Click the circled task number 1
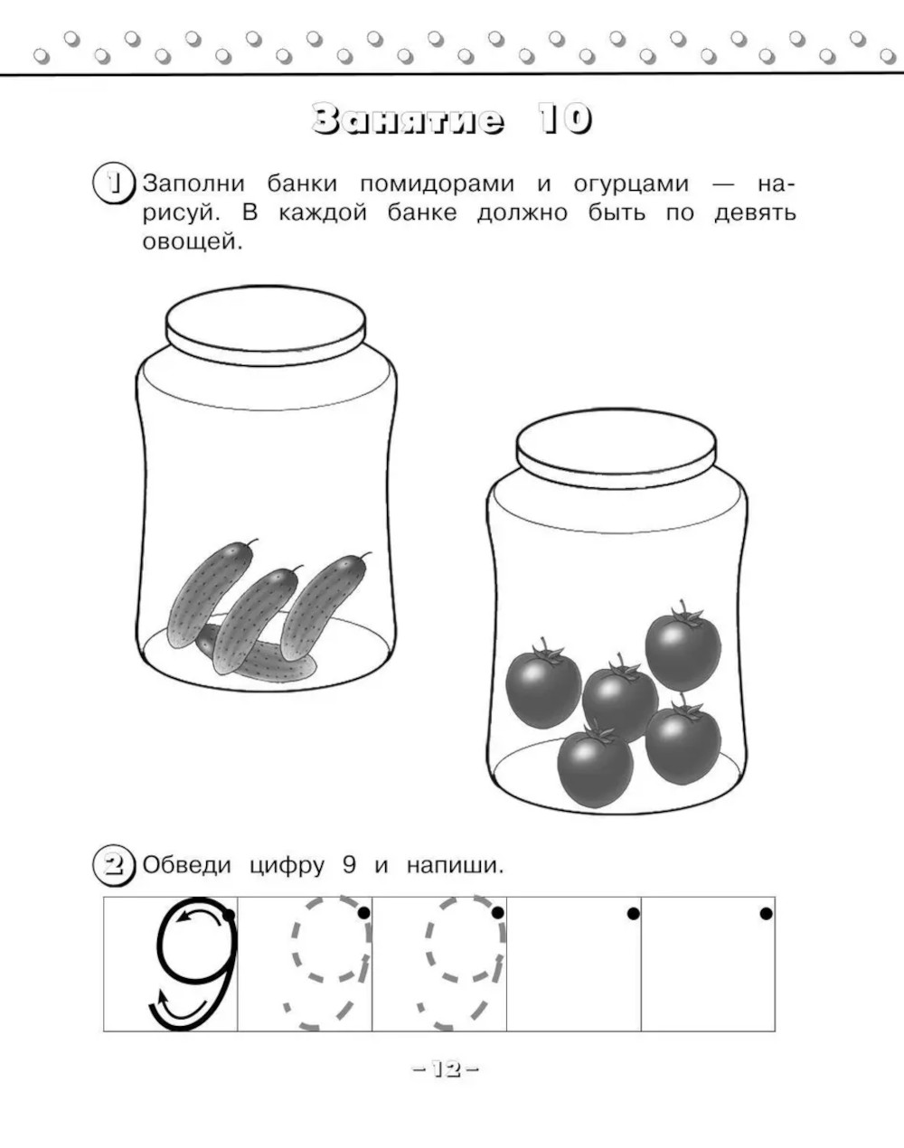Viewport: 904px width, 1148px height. pyautogui.click(x=113, y=183)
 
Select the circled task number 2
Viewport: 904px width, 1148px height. pyautogui.click(x=113, y=865)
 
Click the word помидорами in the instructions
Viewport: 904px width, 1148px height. pyautogui.click(x=437, y=184)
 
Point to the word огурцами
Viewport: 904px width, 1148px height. pyautogui.click(x=631, y=184)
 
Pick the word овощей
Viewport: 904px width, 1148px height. pyautogui.click(x=193, y=242)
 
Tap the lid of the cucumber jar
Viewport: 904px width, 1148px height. pyautogui.click(x=266, y=325)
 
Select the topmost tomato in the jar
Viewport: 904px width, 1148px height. pyautogui.click(x=683, y=647)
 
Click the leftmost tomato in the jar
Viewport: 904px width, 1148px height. pyautogui.click(x=543, y=685)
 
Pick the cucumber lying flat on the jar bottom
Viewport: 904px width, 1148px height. pyautogui.click(x=256, y=654)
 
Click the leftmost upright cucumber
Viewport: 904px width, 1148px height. pyautogui.click(x=210, y=593)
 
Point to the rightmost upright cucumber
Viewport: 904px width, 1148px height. pyautogui.click(x=324, y=607)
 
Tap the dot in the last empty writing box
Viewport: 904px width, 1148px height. pyautogui.click(x=766, y=914)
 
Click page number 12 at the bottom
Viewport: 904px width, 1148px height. pyautogui.click(x=447, y=1069)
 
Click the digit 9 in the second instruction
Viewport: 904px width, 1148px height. pyautogui.click(x=348, y=865)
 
